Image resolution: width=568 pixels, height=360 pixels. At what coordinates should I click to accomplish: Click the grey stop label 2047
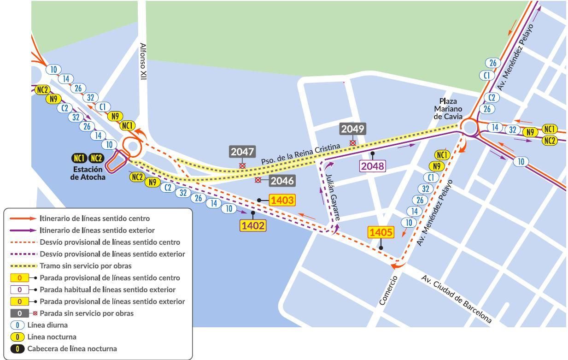click(x=242, y=152)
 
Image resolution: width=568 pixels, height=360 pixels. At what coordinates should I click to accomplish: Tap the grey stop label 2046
click(x=282, y=181)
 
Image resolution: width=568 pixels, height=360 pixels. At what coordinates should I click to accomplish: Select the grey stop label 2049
click(x=352, y=129)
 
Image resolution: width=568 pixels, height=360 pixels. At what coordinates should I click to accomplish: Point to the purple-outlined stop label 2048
click(x=372, y=166)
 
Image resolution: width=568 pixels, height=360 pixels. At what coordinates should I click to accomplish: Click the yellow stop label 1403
click(x=282, y=200)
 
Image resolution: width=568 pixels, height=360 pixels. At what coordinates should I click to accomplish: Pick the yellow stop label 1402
click(x=253, y=225)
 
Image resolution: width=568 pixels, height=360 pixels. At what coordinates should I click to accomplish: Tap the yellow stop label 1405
click(x=381, y=233)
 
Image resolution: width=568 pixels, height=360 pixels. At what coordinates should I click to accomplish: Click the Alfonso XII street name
click(x=143, y=62)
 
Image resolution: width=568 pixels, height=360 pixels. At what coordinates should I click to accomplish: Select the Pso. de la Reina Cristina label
click(x=300, y=154)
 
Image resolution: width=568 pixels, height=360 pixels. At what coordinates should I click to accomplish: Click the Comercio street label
click(x=388, y=290)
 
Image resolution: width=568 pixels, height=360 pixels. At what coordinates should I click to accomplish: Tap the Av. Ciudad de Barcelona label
click(x=456, y=299)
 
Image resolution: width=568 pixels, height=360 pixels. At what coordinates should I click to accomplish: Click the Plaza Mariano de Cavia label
click(x=448, y=109)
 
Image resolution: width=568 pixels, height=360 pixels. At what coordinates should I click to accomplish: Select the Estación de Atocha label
click(x=88, y=173)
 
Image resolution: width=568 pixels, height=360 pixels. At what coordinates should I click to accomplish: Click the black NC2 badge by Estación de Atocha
click(x=96, y=159)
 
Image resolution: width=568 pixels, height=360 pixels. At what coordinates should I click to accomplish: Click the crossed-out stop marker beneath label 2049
click(x=352, y=143)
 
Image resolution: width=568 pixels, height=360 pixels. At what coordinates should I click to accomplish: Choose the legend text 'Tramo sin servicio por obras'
click(x=86, y=266)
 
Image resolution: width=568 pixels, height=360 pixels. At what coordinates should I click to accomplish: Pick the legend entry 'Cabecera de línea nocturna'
click(x=72, y=348)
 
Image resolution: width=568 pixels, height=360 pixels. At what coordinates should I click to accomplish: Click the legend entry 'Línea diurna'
click(x=47, y=325)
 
